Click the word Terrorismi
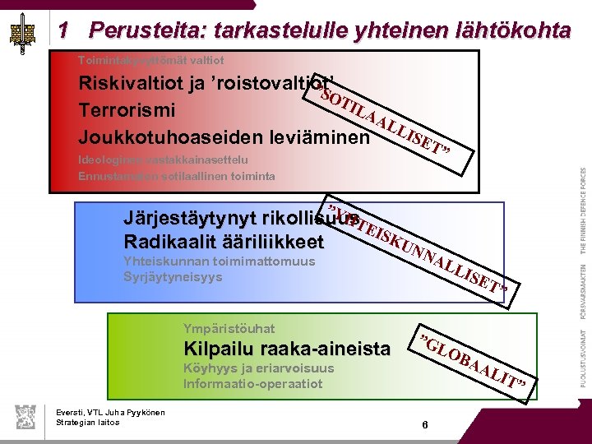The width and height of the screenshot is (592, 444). (x=124, y=110)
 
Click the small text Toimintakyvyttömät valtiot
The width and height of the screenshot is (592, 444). (x=150, y=60)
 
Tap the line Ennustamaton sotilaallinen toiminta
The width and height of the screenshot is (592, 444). (x=177, y=176)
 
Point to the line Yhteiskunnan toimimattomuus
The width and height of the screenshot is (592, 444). (x=218, y=261)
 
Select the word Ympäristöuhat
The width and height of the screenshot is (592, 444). (x=229, y=328)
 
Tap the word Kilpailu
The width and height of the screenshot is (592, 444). (x=221, y=349)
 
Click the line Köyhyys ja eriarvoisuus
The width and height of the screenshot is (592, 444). (x=258, y=368)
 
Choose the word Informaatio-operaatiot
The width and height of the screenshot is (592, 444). (x=253, y=383)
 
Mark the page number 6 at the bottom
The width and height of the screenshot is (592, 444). (x=424, y=425)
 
